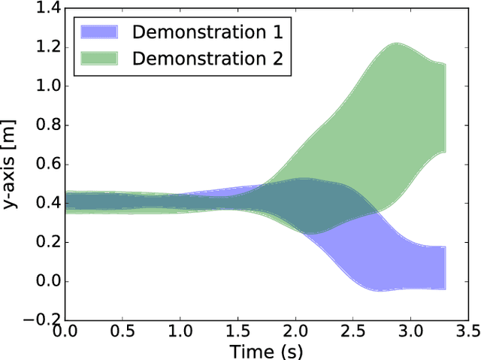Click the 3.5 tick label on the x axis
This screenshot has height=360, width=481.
click(469, 331)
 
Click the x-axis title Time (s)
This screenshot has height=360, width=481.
click(268, 349)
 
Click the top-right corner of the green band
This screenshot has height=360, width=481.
click(446, 64)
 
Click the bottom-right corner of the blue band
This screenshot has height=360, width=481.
click(446, 289)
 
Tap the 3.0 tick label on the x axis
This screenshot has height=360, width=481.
click(411, 331)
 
